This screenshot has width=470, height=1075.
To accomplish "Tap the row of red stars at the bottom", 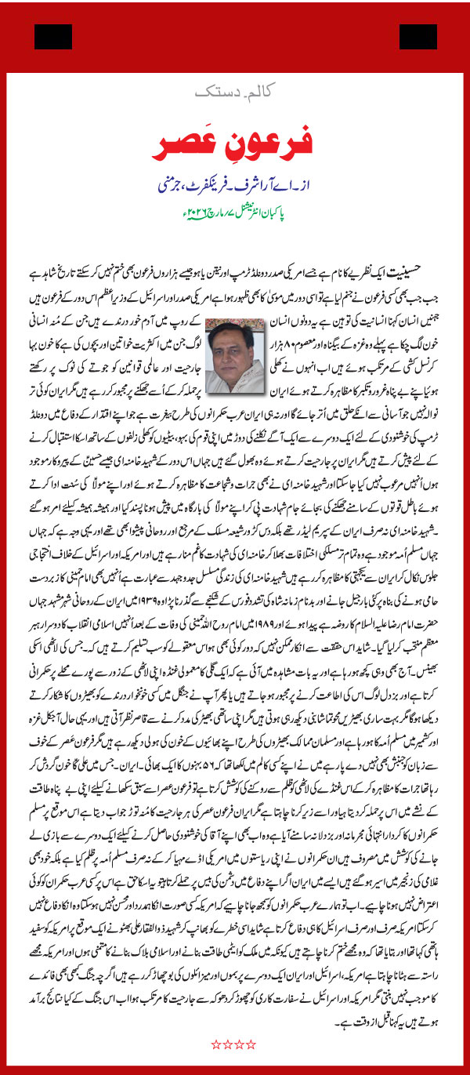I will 234,1044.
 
